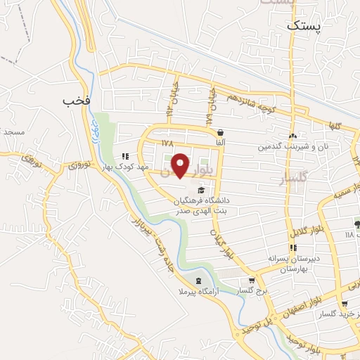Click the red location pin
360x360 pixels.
[181, 165]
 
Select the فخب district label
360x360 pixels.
[77, 101]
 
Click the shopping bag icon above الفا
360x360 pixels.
[221, 132]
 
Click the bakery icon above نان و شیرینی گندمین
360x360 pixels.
[292, 136]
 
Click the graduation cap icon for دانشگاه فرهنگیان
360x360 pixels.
[202, 190]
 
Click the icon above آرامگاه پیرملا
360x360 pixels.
[198, 278]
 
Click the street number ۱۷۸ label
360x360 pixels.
[167, 143]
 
